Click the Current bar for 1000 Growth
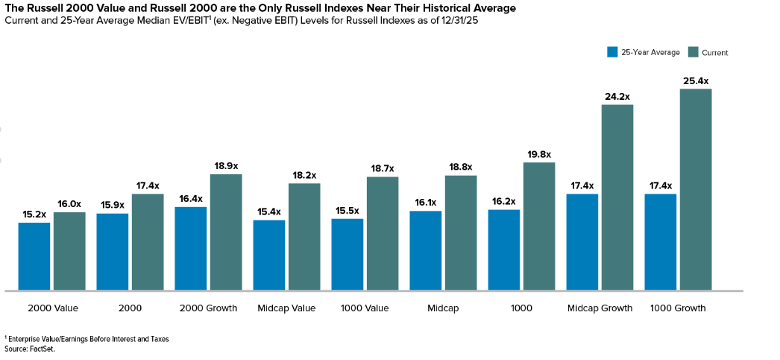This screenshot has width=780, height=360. tap(695, 189)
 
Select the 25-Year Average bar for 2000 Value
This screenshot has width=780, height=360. tap(34, 257)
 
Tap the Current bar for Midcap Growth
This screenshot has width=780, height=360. tap(617, 197)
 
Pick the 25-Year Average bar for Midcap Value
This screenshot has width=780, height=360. tap(269, 255)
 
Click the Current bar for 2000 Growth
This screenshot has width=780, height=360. tap(226, 232)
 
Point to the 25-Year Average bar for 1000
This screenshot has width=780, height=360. tap(504, 250)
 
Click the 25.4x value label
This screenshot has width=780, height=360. tap(696, 81)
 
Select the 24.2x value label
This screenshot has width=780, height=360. tap(617, 96)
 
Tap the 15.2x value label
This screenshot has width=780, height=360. tap(34, 215)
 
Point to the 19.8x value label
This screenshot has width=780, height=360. tap(539, 154)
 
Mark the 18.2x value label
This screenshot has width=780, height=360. tap(304, 175)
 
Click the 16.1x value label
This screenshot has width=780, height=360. tap(425, 202)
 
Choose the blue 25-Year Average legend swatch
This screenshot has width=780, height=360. tap(612, 52)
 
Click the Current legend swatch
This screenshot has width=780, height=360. tap(693, 52)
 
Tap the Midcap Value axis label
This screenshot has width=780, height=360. tap(287, 308)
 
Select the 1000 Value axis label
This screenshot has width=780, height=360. tap(365, 308)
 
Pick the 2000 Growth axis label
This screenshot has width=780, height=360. tap(208, 308)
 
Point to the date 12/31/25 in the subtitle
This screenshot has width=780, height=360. tap(461, 22)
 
